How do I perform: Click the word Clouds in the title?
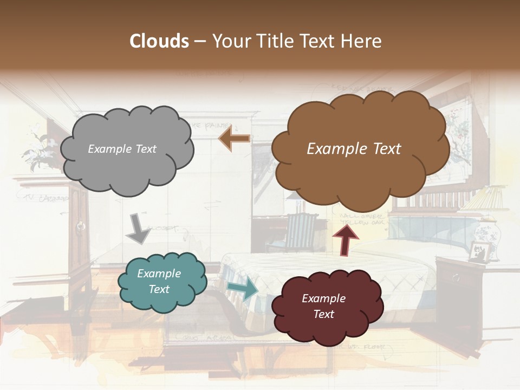coord(159,41)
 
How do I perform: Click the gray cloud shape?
coord(126,162)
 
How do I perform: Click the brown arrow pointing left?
coord(235,139)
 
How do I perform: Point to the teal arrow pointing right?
coord(242,289)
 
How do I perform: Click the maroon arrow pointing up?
coord(345,239)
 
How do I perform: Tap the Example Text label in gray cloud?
coord(122,149)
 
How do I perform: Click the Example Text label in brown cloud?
coord(354,149)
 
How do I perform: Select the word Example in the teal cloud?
coord(159,274)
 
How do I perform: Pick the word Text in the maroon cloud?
coord(323,314)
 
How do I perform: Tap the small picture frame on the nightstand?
coord(480,252)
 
